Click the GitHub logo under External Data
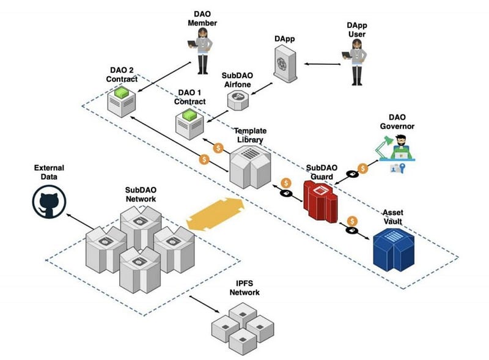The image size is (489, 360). tap(50, 202)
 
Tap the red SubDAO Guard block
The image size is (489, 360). tap(320, 201)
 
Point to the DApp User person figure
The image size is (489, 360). tap(356, 62)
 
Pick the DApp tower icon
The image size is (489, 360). tap(285, 64)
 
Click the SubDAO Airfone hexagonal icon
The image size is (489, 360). tap(238, 100)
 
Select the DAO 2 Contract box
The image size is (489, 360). tap(122, 102)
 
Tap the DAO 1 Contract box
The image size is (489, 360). tap(189, 124)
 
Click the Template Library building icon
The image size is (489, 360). tap(250, 167)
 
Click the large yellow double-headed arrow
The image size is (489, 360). tap(216, 215)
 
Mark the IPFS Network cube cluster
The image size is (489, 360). tap(243, 328)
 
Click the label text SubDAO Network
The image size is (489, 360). tap(141, 194)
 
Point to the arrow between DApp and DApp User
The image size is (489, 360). tap(323, 64)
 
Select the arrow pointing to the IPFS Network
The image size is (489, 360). tap(205, 304)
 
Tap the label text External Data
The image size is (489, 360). tap(49, 172)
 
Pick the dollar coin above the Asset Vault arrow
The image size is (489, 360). tap(352, 221)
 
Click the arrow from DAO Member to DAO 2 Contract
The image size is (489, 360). tap(164, 77)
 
